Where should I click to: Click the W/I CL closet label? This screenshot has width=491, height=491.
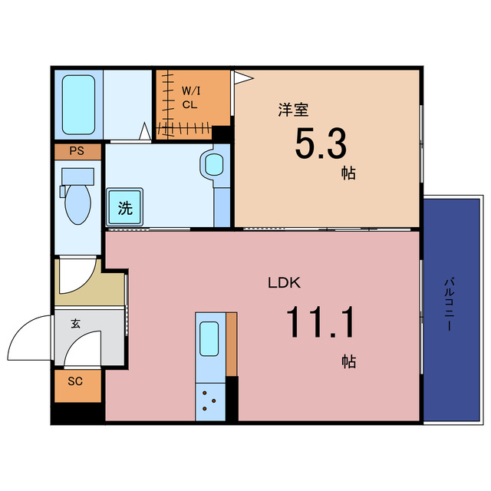(x=189, y=98)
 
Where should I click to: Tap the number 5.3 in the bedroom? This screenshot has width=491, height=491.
(x=321, y=143)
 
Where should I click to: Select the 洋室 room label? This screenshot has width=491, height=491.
(x=288, y=110)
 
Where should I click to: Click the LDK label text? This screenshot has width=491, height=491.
(x=283, y=282)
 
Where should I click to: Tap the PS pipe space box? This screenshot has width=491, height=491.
(x=77, y=151)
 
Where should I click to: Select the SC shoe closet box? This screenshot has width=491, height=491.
(x=76, y=382)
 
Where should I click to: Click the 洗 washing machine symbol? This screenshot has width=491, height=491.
(x=125, y=206)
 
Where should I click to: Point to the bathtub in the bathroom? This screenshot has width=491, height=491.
(x=77, y=103)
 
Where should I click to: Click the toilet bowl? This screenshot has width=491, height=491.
(x=77, y=206)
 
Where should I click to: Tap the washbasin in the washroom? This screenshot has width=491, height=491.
(x=213, y=163)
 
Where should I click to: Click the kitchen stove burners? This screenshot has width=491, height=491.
(x=209, y=400)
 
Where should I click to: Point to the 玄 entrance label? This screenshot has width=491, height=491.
(x=76, y=324)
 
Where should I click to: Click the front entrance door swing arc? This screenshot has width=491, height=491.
(x=23, y=338)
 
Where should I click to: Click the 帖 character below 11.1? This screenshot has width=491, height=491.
(x=349, y=361)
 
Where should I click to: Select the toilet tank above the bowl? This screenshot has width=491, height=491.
(x=77, y=176)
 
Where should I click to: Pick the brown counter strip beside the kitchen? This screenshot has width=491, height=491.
(x=231, y=345)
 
